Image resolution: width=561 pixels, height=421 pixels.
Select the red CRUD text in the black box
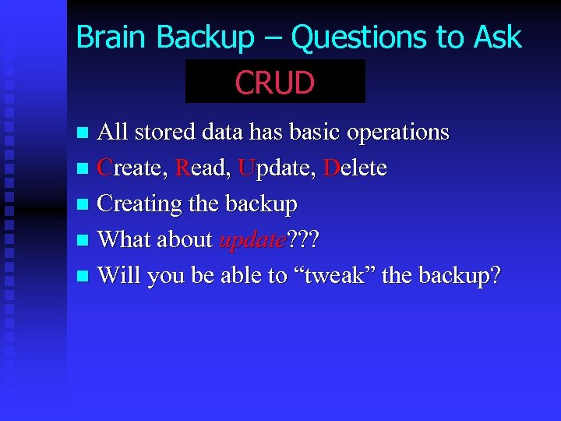pyautogui.click(x=275, y=83)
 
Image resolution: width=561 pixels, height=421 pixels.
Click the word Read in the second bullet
pyautogui.click(x=203, y=168)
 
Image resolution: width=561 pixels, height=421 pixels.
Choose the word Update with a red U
pyautogui.click(x=277, y=168)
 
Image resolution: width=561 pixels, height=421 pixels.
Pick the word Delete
pyautogui.click(x=355, y=168)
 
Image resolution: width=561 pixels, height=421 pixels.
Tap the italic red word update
pyautogui.click(x=253, y=239)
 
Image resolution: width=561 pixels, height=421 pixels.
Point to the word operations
pyautogui.click(x=398, y=133)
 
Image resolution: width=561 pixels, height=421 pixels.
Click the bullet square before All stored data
pyautogui.click(x=85, y=133)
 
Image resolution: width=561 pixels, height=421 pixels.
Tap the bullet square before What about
pyautogui.click(x=85, y=241)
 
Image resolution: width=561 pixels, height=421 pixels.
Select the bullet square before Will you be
pyautogui.click(x=85, y=277)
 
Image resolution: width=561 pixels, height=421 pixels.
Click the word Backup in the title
pyautogui.click(x=206, y=37)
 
